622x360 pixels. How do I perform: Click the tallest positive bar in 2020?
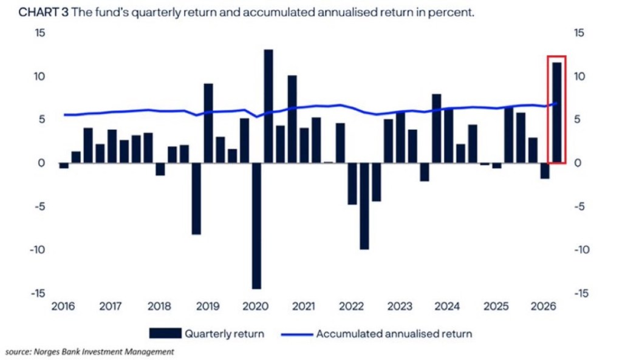pos(268,106)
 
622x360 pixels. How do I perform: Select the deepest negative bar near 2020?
pos(256,226)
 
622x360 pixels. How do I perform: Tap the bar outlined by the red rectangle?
pos(556,112)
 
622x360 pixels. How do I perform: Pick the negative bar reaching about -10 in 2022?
pos(364,206)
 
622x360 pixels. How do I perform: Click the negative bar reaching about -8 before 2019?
pos(196,199)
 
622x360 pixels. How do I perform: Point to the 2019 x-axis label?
pos(208,306)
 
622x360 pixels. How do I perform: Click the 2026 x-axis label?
pos(544,306)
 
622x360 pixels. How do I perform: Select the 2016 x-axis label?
pos(63,306)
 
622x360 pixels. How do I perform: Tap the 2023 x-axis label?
pos(400,306)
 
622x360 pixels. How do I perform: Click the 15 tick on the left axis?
pos(40,33)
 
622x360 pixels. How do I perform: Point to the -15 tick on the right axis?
pos(581,293)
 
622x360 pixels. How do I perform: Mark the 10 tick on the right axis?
pos(579,76)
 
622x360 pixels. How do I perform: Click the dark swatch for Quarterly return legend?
pos(165,333)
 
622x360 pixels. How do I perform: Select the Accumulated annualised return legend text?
pos(394,334)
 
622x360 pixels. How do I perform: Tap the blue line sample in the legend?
pos(296,335)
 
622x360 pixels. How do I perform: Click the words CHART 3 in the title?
pos(44,13)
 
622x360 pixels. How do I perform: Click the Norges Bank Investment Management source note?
pos(104,352)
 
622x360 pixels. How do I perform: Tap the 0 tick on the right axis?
pos(578,163)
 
